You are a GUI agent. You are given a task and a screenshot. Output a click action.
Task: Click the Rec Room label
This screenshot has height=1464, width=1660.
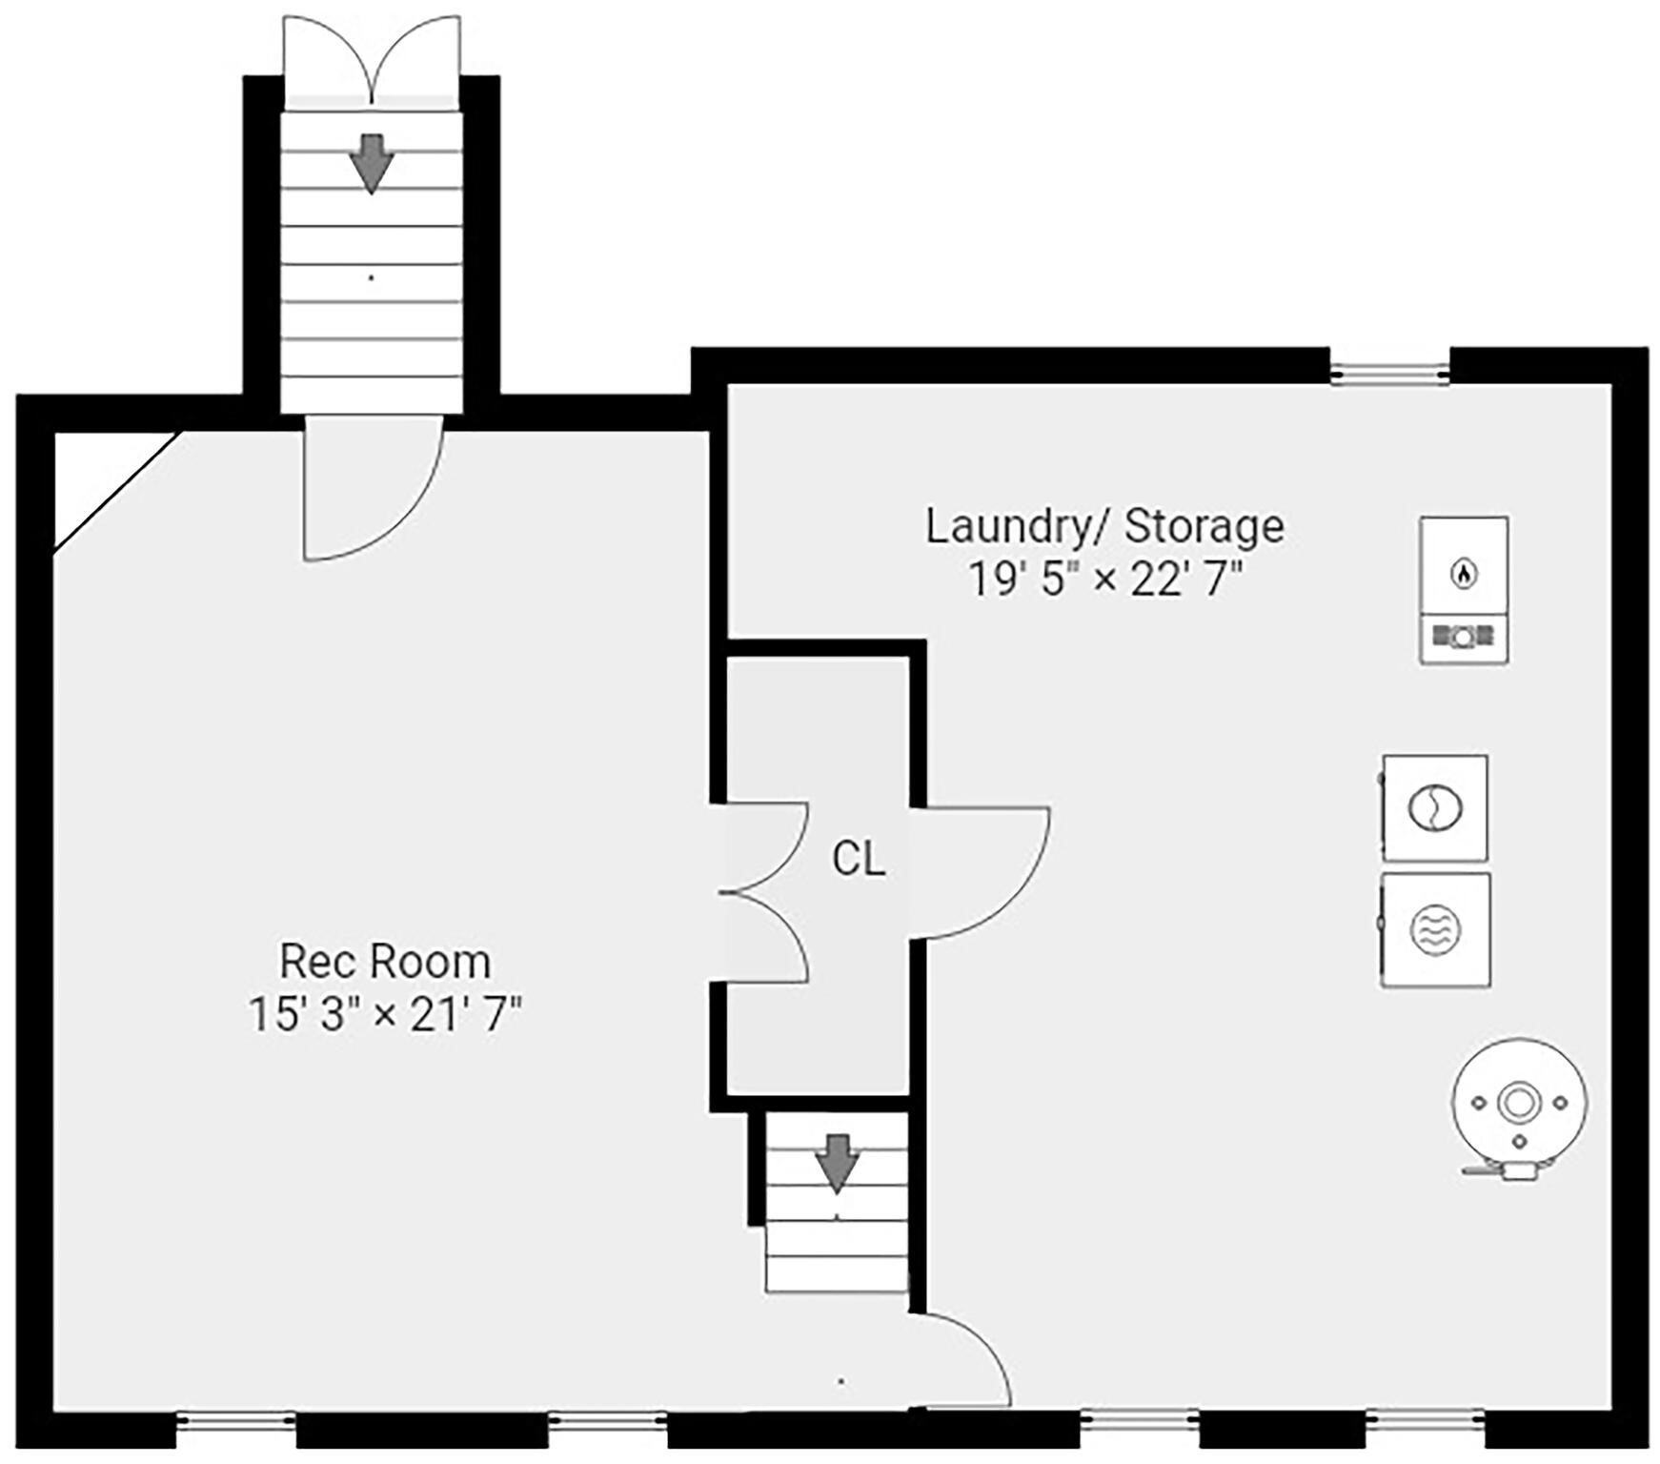point(384,961)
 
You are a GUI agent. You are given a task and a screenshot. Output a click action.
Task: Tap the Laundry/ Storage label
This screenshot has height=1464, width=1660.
point(1104,526)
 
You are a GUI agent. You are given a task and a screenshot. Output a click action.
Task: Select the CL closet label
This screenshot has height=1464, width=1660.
point(859,859)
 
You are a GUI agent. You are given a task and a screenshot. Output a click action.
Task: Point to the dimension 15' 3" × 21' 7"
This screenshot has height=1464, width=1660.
point(384,1014)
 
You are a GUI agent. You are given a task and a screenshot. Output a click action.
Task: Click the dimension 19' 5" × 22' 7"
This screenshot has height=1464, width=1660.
point(1105,579)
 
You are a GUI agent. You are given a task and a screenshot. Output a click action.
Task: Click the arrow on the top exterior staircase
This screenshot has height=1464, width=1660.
point(371,163)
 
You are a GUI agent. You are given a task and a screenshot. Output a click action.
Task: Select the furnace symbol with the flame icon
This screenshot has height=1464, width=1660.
point(1464,590)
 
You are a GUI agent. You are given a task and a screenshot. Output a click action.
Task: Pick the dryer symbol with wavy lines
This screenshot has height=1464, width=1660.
point(1435,929)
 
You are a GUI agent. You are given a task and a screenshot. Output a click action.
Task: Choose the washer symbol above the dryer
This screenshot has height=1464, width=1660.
point(1435,808)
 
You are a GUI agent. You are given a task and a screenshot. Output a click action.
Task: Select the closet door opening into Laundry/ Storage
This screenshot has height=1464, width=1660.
point(982,871)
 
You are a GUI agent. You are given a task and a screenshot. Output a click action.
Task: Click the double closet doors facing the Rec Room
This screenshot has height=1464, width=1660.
point(764,892)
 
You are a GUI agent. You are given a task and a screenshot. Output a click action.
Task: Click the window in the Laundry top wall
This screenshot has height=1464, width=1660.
point(1389,367)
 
